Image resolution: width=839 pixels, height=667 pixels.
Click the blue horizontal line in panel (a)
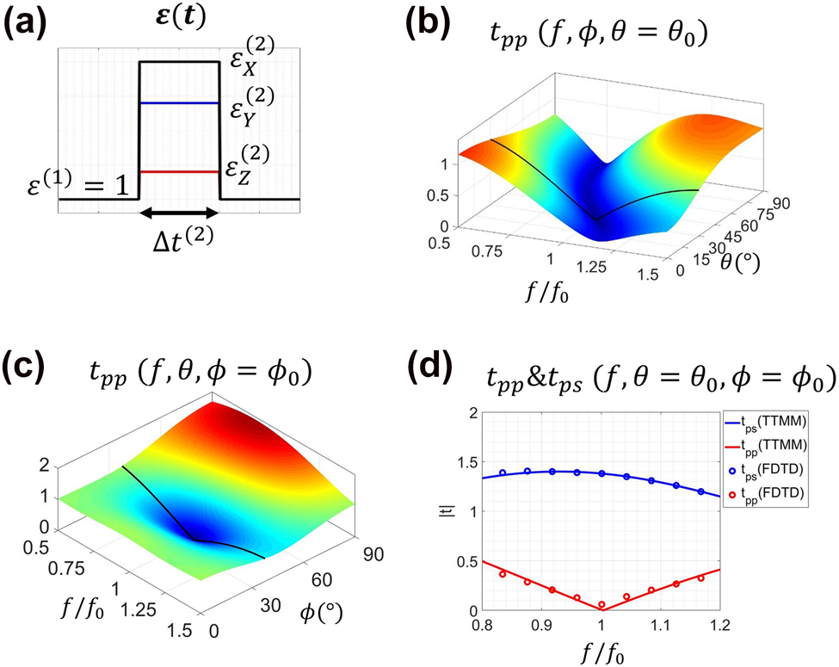(180, 103)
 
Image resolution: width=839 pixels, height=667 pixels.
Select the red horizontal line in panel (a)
(180, 171)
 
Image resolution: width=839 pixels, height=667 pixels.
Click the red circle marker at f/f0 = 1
(602, 605)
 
